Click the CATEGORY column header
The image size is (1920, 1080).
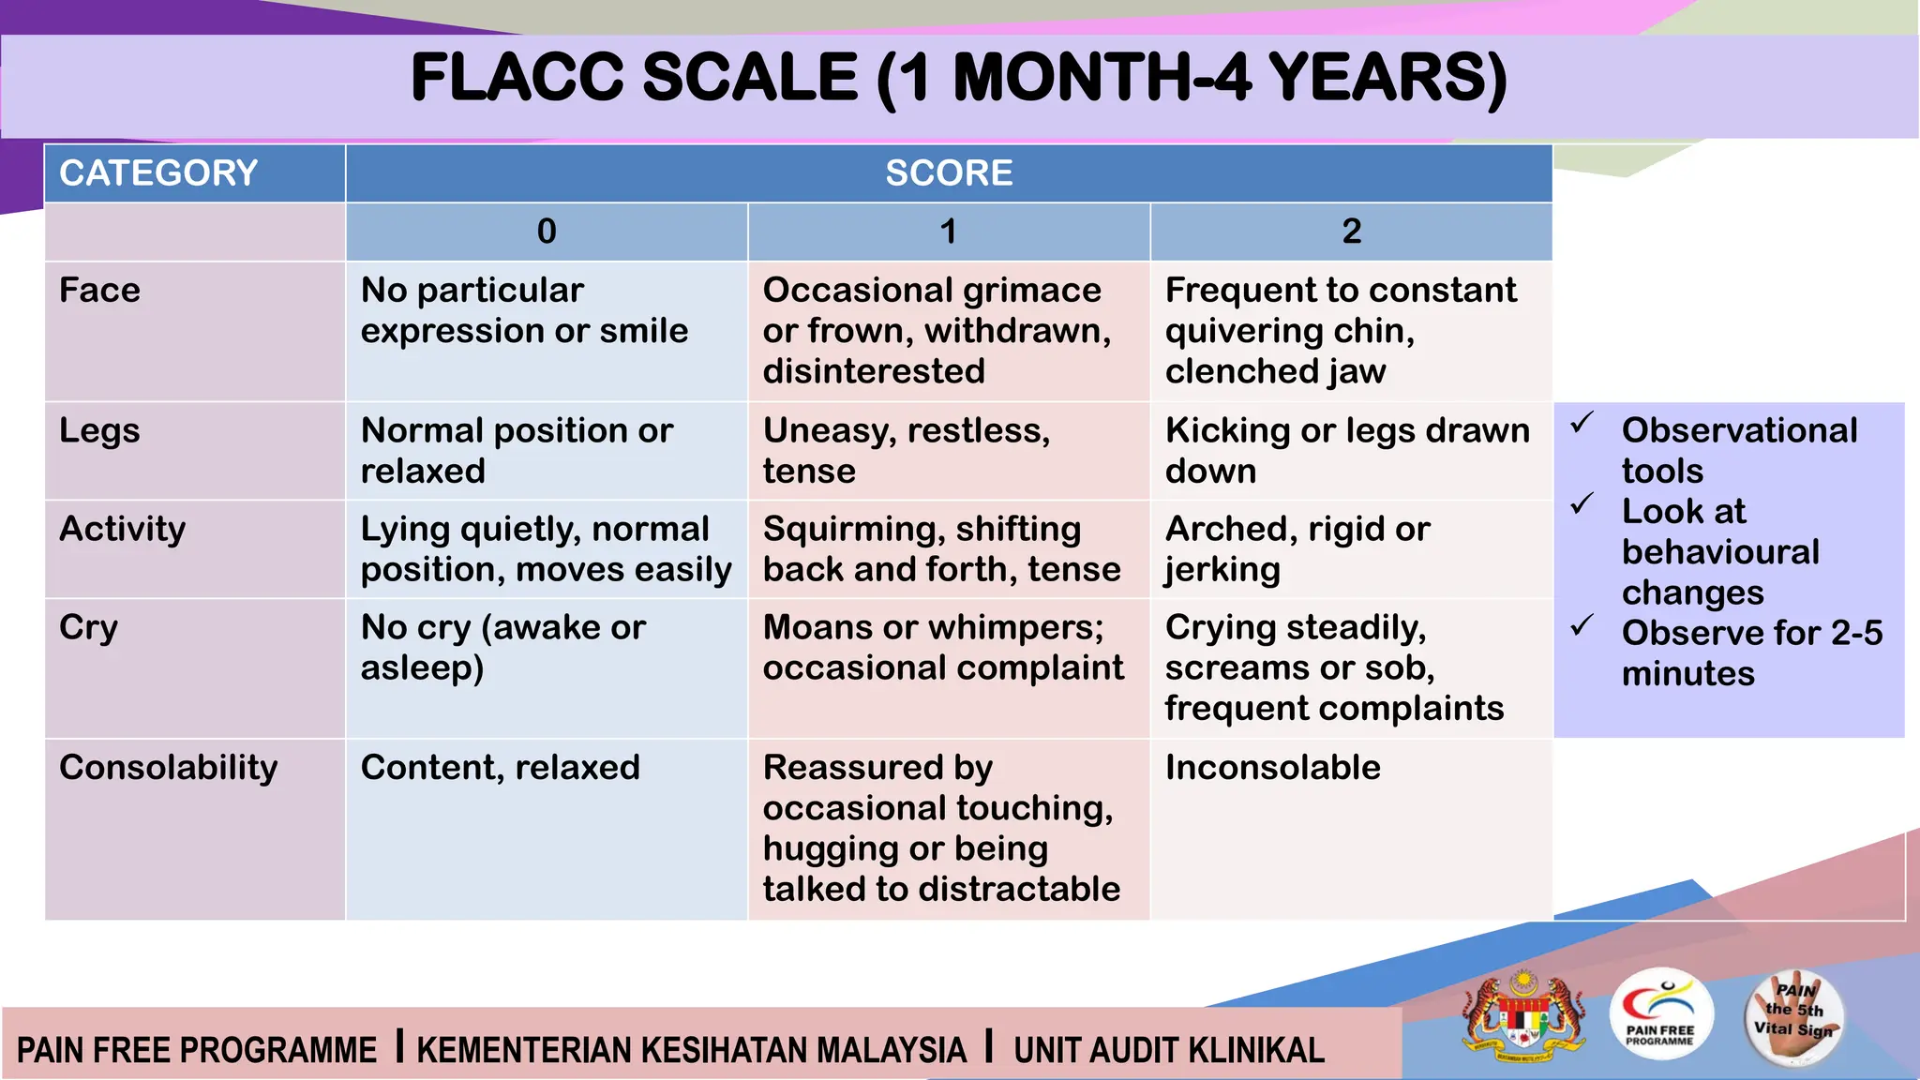pyautogui.click(x=158, y=173)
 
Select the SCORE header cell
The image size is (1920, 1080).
pyautogui.click(x=949, y=173)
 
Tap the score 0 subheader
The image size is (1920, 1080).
pyautogui.click(x=547, y=232)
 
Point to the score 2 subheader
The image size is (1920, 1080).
pyautogui.click(x=1351, y=232)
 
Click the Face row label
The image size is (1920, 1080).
pyautogui.click(x=100, y=291)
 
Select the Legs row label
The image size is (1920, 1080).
pyautogui.click(x=100, y=431)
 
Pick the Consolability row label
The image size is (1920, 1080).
pyautogui.click(x=169, y=768)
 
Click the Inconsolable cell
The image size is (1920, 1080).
pyautogui.click(x=1272, y=768)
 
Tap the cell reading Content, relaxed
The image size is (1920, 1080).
pyautogui.click(x=500, y=768)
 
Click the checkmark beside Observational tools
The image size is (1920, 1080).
pyautogui.click(x=1582, y=424)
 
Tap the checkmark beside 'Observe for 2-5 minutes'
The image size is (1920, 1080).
pyautogui.click(x=1582, y=625)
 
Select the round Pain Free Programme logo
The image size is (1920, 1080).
pyautogui.click(x=1660, y=1015)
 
